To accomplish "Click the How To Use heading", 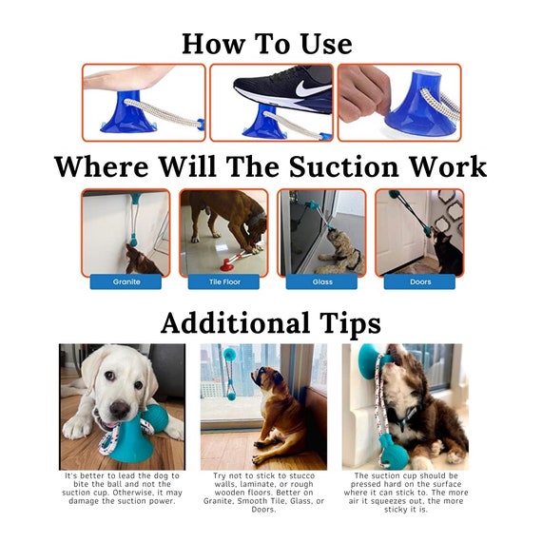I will click(267, 43).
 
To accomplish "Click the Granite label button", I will click(126, 281).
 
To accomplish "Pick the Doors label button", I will click(419, 281).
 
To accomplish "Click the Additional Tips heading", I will click(270, 322).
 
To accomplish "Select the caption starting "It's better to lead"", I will click(122, 486).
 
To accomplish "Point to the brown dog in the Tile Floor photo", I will click(228, 217).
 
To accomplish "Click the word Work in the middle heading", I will click(445, 166).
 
